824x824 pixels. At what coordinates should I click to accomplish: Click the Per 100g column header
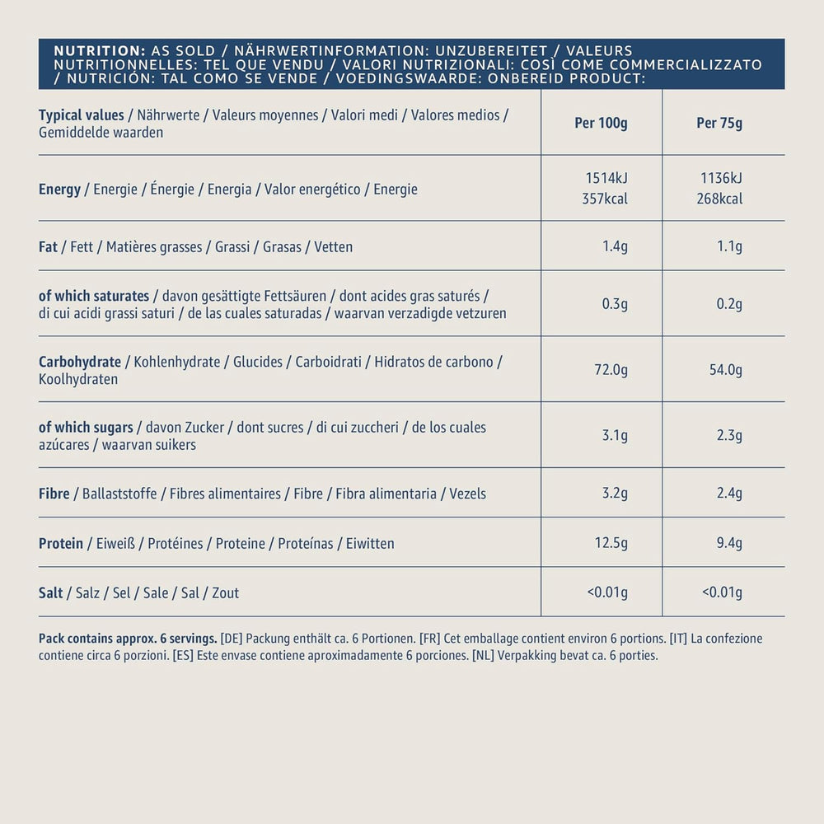pyautogui.click(x=601, y=124)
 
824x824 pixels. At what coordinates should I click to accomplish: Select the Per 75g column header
pyautogui.click(x=719, y=124)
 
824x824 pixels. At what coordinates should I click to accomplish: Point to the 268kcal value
pyautogui.click(x=719, y=199)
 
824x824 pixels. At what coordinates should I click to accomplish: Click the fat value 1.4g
pyautogui.click(x=615, y=246)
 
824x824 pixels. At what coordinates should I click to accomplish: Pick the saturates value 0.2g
pyautogui.click(x=728, y=304)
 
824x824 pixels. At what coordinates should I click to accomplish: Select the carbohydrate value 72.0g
pyautogui.click(x=611, y=370)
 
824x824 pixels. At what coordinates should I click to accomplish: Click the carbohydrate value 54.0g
pyautogui.click(x=725, y=370)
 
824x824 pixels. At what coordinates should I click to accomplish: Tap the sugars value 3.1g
pyautogui.click(x=615, y=436)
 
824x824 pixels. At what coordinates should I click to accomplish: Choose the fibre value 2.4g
pyautogui.click(x=728, y=494)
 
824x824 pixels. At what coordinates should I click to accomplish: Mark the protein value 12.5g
pyautogui.click(x=611, y=543)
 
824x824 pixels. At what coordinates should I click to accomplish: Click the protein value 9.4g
pyautogui.click(x=728, y=543)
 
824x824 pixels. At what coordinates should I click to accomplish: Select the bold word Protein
pyautogui.click(x=61, y=543)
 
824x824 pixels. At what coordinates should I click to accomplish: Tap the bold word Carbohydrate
pyautogui.click(x=80, y=362)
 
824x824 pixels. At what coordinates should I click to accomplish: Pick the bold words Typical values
pyautogui.click(x=81, y=115)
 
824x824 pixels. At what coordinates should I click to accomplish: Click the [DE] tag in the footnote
pyautogui.click(x=232, y=639)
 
